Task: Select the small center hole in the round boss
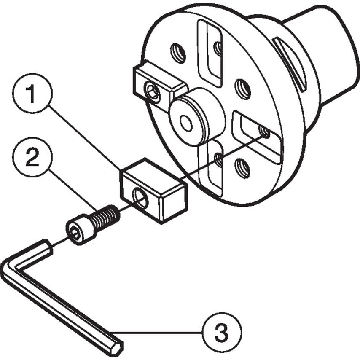click(185, 123)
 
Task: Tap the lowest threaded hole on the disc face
click(242, 168)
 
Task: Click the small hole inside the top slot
click(218, 48)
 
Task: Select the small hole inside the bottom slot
click(218, 159)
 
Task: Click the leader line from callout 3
click(160, 333)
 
